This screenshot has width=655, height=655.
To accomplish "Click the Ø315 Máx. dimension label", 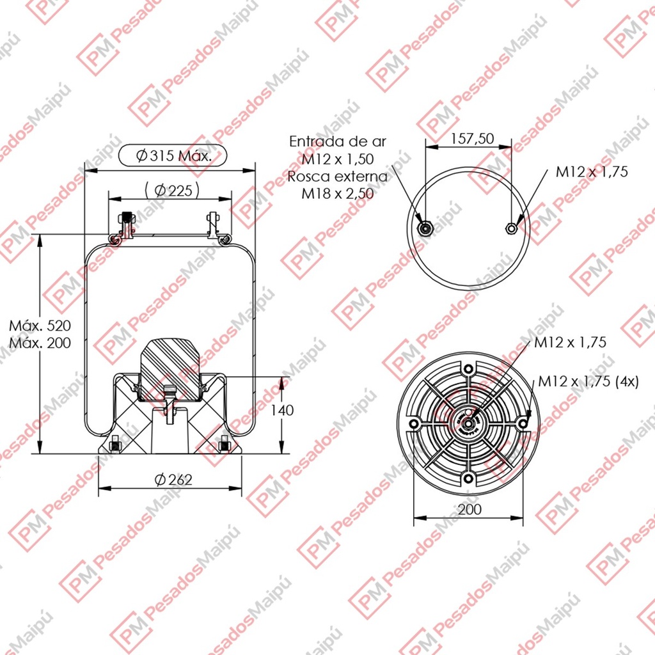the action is coord(173,156).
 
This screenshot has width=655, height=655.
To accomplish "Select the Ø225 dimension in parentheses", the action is coord(172,191).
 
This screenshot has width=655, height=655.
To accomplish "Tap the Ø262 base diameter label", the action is coord(173,480).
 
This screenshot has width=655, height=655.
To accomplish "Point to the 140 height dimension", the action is coord(282,410).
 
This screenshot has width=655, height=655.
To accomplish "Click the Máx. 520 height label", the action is coord(40,326).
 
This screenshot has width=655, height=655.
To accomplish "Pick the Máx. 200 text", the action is coord(40,343).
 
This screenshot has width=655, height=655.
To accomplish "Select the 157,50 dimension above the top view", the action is coord(472,139).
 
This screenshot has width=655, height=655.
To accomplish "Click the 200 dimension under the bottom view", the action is coord(470,509).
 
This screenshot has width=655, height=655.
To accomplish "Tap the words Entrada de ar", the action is coord(338,141).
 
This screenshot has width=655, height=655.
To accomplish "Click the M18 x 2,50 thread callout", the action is coord(338,194).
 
